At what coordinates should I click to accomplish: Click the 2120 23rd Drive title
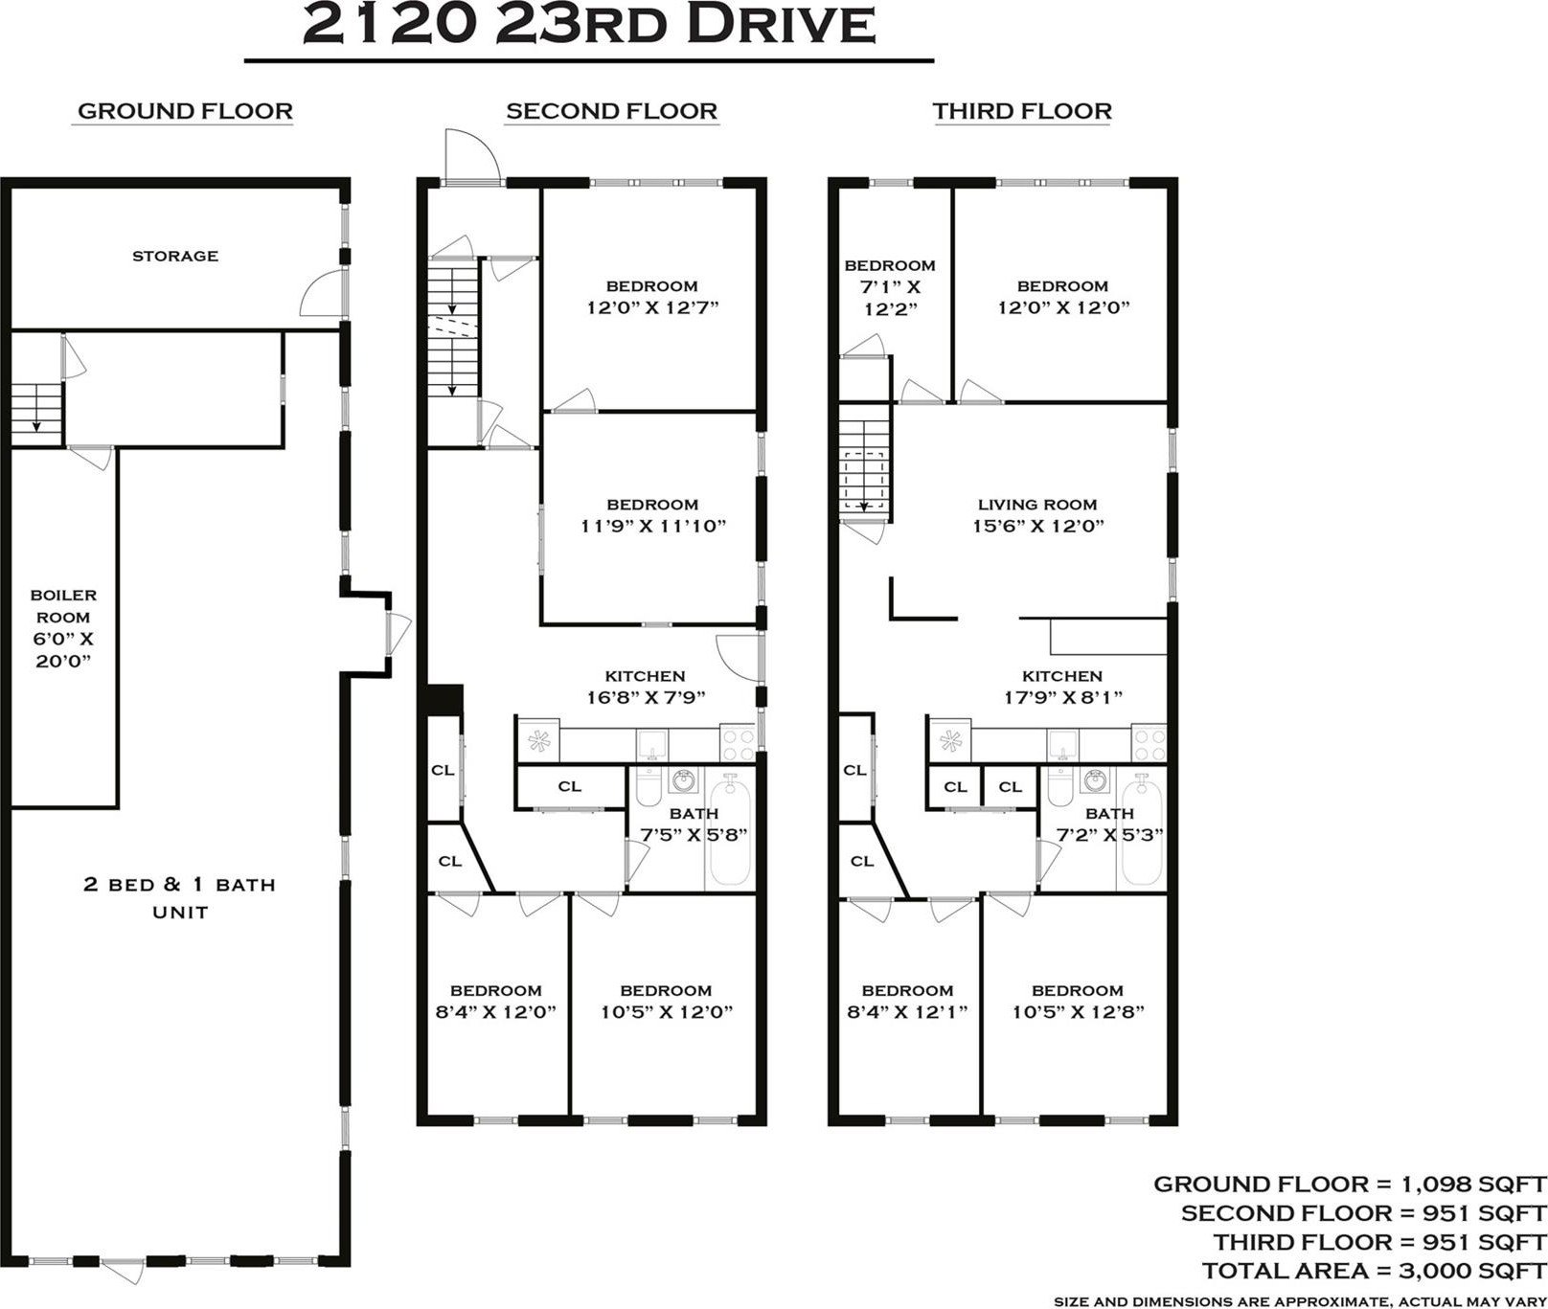[x=588, y=26]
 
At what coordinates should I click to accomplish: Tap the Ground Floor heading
[x=185, y=111]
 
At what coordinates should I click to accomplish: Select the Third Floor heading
[x=1022, y=111]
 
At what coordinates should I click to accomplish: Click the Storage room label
[x=175, y=256]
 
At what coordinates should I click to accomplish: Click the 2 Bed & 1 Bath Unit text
[x=180, y=897]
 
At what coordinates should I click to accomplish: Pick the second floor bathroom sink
[x=684, y=780]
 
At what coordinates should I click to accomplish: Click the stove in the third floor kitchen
[x=1150, y=740]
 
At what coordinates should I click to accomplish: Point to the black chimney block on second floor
[x=444, y=700]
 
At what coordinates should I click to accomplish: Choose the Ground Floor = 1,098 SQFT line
[x=1350, y=1184]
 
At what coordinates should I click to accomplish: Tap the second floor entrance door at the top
[x=470, y=156]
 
